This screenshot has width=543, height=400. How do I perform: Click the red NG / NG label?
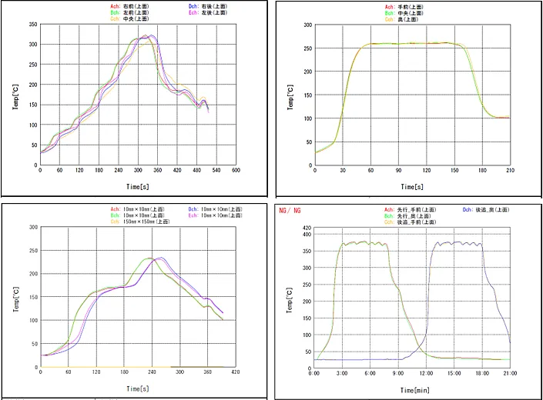[291, 210]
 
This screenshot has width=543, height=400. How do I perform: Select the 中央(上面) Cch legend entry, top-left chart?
[126, 18]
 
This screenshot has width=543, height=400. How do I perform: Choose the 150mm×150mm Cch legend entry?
[141, 222]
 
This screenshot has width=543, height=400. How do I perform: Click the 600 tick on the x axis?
[236, 170]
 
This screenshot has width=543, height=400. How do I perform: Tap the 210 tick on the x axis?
[509, 170]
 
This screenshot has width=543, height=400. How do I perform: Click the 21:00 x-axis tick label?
[509, 373]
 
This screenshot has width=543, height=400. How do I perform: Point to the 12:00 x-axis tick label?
[425, 373]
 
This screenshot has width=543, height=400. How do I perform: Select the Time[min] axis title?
[413, 390]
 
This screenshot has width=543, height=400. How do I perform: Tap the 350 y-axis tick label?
[32, 24]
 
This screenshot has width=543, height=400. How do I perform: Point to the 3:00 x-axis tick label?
[342, 373]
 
